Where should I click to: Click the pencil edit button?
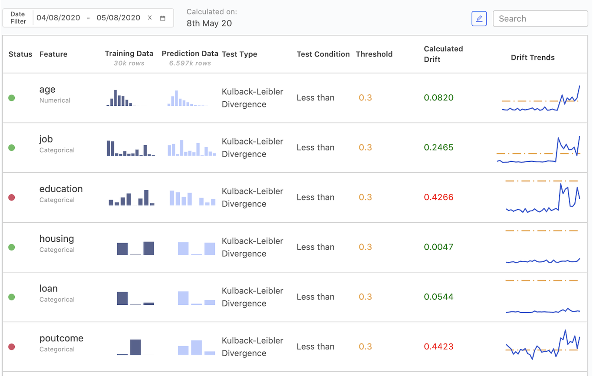(x=479, y=19)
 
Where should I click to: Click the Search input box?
(x=540, y=19)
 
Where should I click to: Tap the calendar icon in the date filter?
(x=163, y=18)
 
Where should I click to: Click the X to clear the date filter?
(x=150, y=18)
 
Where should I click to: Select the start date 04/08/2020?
(x=58, y=18)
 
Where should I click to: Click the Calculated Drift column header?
(x=443, y=54)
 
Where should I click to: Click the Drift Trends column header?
(x=533, y=57)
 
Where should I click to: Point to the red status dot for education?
(x=12, y=197)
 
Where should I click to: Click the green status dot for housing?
(x=12, y=247)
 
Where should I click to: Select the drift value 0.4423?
(x=438, y=347)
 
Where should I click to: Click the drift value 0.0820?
(x=438, y=98)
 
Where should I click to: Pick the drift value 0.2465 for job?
(x=438, y=147)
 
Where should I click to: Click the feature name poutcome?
(x=61, y=338)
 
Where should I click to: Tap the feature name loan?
(x=48, y=289)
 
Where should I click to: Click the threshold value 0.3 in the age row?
(x=365, y=98)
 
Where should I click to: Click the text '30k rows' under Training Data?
(x=129, y=63)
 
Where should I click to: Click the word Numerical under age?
(x=55, y=100)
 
